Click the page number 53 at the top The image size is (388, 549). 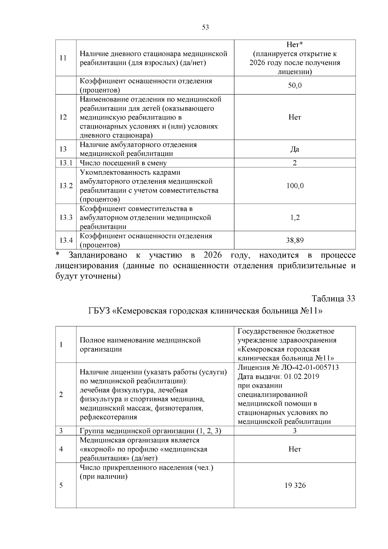205,27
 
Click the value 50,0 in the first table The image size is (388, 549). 295,86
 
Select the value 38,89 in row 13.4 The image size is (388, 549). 295,240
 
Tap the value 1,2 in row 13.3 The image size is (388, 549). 295,217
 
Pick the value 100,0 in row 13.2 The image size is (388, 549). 295,186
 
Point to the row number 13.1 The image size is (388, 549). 66,163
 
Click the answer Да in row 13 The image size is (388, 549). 295,149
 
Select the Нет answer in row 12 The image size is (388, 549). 295,117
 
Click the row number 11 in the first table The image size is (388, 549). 63,58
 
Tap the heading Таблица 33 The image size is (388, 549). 333,299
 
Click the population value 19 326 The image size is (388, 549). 295,486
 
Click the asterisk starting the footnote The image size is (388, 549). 58,255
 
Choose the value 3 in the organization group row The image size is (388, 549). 295,431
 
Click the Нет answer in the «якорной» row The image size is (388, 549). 295,449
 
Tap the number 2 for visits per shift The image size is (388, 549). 295,163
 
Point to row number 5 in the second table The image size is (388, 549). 61,486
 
